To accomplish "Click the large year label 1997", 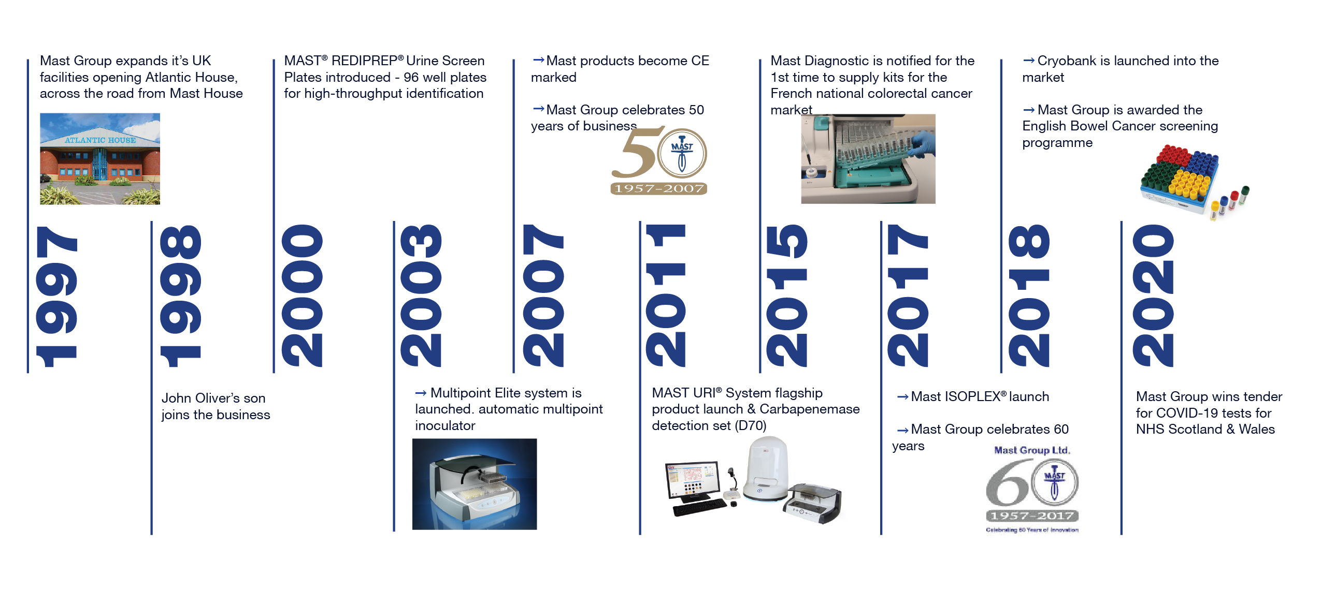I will pos(56,297).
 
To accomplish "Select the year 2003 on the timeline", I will pos(421,297).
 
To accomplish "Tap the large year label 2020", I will pos(1153,297).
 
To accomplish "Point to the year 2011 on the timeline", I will pos(666,297).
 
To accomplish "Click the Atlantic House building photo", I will pos(100,159).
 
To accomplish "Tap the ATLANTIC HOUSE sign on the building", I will pos(100,140).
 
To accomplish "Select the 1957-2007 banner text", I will pos(659,188).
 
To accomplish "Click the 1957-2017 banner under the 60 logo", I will pos(1032,515).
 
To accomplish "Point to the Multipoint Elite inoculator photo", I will pos(475,484).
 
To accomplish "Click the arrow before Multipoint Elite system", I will pos(421,393).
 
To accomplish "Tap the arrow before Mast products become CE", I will pos(538,61).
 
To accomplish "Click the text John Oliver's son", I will pos(213,398).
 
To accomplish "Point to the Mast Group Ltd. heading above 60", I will pos(1031,450).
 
